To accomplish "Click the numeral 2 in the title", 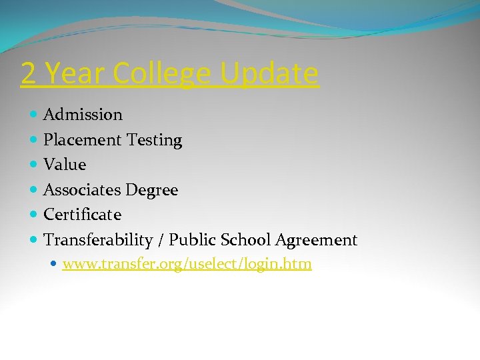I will point(28,74).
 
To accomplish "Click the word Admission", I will point(83,115).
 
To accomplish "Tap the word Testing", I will point(154,141).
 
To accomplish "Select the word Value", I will point(65,165).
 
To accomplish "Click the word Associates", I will point(81,190).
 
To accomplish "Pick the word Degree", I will point(151,191).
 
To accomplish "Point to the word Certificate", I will point(82,215).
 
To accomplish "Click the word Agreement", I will point(317,240).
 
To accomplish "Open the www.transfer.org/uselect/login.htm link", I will point(187,265).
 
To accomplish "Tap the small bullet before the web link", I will point(54,265).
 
